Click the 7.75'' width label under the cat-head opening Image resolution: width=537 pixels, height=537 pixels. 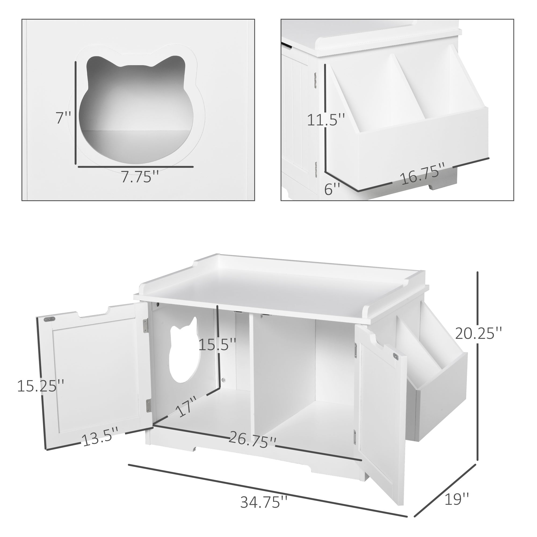click(140, 177)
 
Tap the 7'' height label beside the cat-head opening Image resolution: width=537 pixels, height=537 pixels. click(64, 118)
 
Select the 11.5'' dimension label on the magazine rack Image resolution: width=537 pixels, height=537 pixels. click(326, 120)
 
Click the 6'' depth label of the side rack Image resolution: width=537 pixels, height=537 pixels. click(332, 190)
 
